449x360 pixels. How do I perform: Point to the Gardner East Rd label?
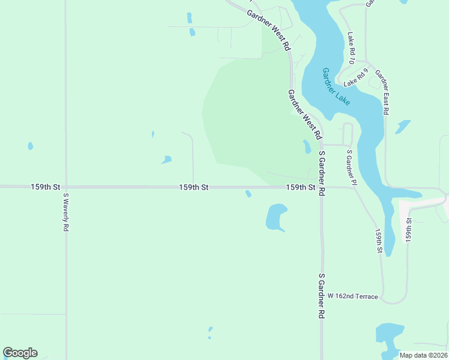(383, 92)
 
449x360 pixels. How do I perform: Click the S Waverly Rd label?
(66, 212)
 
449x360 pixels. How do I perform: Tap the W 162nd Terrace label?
(353, 296)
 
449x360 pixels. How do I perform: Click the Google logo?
(20, 353)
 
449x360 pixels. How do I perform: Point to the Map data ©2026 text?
(423, 355)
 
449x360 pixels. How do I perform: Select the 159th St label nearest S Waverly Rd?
(46, 187)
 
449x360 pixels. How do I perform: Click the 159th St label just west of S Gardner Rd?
(301, 187)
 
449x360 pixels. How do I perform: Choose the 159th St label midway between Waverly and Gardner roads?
(193, 187)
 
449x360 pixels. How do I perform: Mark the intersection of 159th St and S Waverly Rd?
(66, 187)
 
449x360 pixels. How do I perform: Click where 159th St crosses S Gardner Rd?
(322, 187)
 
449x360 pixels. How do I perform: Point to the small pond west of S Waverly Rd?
(31, 146)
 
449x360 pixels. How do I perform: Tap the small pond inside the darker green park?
(307, 146)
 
